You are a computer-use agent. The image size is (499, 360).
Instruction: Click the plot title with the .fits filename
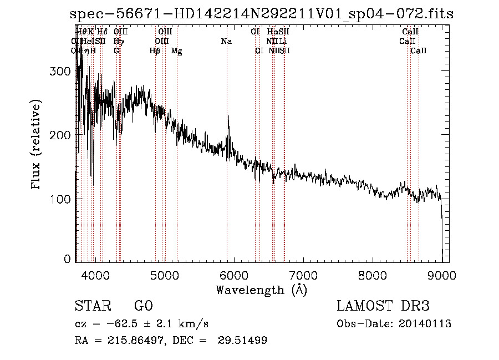pos(262,14)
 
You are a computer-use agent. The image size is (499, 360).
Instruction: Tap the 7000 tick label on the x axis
pos(303,275)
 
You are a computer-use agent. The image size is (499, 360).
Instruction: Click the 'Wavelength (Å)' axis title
pos(261,290)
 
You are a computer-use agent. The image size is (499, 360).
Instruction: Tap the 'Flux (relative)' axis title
pos(37,145)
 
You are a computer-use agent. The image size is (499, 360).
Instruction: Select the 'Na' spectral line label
pos(226,42)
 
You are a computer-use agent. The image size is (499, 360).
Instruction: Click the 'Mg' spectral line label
pos(177,51)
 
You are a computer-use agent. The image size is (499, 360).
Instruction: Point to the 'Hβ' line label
pos(155,51)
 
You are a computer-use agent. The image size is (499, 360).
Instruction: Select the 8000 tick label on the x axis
pos(373,275)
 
